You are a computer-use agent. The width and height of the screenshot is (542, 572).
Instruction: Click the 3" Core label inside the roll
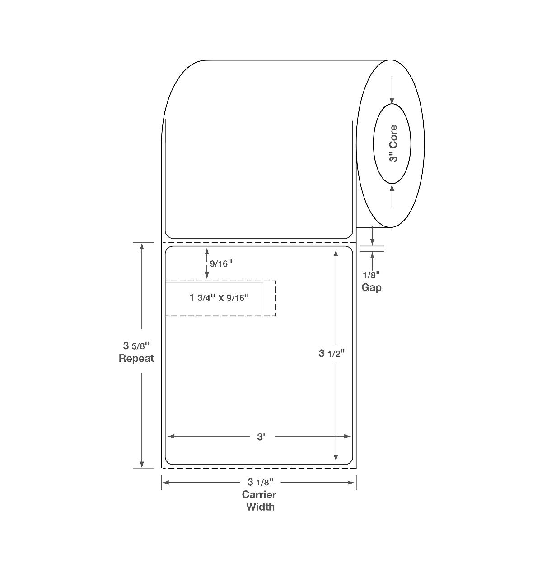coord(393,143)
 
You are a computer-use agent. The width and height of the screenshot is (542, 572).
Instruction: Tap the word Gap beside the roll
coord(371,287)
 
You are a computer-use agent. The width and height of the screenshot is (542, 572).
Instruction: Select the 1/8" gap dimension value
coord(371,275)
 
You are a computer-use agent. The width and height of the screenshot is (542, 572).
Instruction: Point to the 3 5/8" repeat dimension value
coord(136,346)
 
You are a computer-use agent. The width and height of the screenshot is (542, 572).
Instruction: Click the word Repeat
coord(136,358)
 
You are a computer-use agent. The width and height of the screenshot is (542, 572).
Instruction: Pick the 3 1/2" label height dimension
coord(332,353)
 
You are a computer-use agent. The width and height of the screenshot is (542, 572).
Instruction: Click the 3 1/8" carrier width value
coord(261,482)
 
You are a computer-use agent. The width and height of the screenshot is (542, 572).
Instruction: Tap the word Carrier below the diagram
coord(259,494)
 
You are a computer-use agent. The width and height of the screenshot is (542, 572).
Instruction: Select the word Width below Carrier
coord(260,507)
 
